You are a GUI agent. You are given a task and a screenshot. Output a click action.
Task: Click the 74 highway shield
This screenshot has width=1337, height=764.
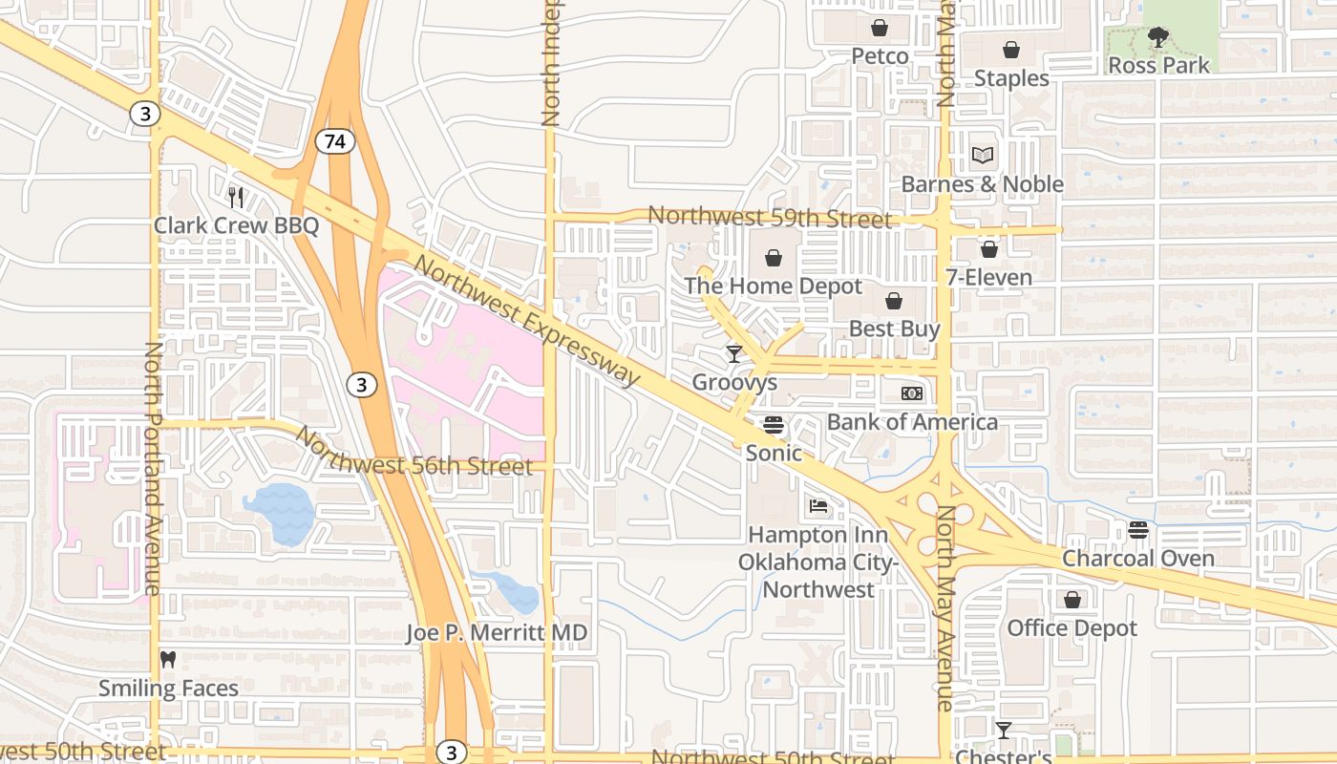[334, 141]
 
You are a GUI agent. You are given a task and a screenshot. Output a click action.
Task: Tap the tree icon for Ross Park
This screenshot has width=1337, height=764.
[1157, 38]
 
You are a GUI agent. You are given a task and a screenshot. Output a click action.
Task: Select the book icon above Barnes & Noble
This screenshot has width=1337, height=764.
[983, 155]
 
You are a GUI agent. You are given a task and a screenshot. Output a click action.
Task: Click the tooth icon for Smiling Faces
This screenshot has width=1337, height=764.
[168, 659]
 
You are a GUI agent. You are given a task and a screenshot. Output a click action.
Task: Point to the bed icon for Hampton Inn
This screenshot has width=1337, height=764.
[817, 505]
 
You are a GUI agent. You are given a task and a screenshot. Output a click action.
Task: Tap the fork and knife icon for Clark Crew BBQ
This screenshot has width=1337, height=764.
[236, 197]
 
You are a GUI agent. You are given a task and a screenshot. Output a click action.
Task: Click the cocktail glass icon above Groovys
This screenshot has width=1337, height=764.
[733, 354]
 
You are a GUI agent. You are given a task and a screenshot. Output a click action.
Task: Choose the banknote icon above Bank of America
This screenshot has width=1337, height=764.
[912, 393]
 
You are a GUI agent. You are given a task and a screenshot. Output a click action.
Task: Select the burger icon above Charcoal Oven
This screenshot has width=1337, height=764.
[1137, 529]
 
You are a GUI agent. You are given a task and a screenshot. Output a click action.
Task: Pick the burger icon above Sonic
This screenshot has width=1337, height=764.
[774, 424]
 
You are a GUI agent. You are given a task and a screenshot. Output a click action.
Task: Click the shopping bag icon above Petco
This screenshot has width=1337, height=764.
[880, 28]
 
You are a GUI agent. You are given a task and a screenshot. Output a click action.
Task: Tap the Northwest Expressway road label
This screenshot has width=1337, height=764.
[527, 321]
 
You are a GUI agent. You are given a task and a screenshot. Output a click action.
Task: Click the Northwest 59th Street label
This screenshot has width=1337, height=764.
[769, 217]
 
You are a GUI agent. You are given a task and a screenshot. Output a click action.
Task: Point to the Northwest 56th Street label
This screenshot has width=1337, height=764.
[413, 454]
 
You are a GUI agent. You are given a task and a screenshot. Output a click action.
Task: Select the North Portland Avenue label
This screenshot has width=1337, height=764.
[153, 468]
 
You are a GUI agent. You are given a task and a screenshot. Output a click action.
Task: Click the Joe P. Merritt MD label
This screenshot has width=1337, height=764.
[497, 632]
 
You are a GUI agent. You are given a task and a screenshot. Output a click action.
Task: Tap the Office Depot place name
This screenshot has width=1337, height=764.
[1072, 628]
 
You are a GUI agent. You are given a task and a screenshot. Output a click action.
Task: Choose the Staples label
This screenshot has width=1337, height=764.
[1011, 78]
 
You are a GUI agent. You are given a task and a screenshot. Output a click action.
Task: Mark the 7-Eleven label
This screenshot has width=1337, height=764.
[988, 278]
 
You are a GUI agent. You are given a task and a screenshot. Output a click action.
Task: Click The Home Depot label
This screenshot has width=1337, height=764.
[773, 286]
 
